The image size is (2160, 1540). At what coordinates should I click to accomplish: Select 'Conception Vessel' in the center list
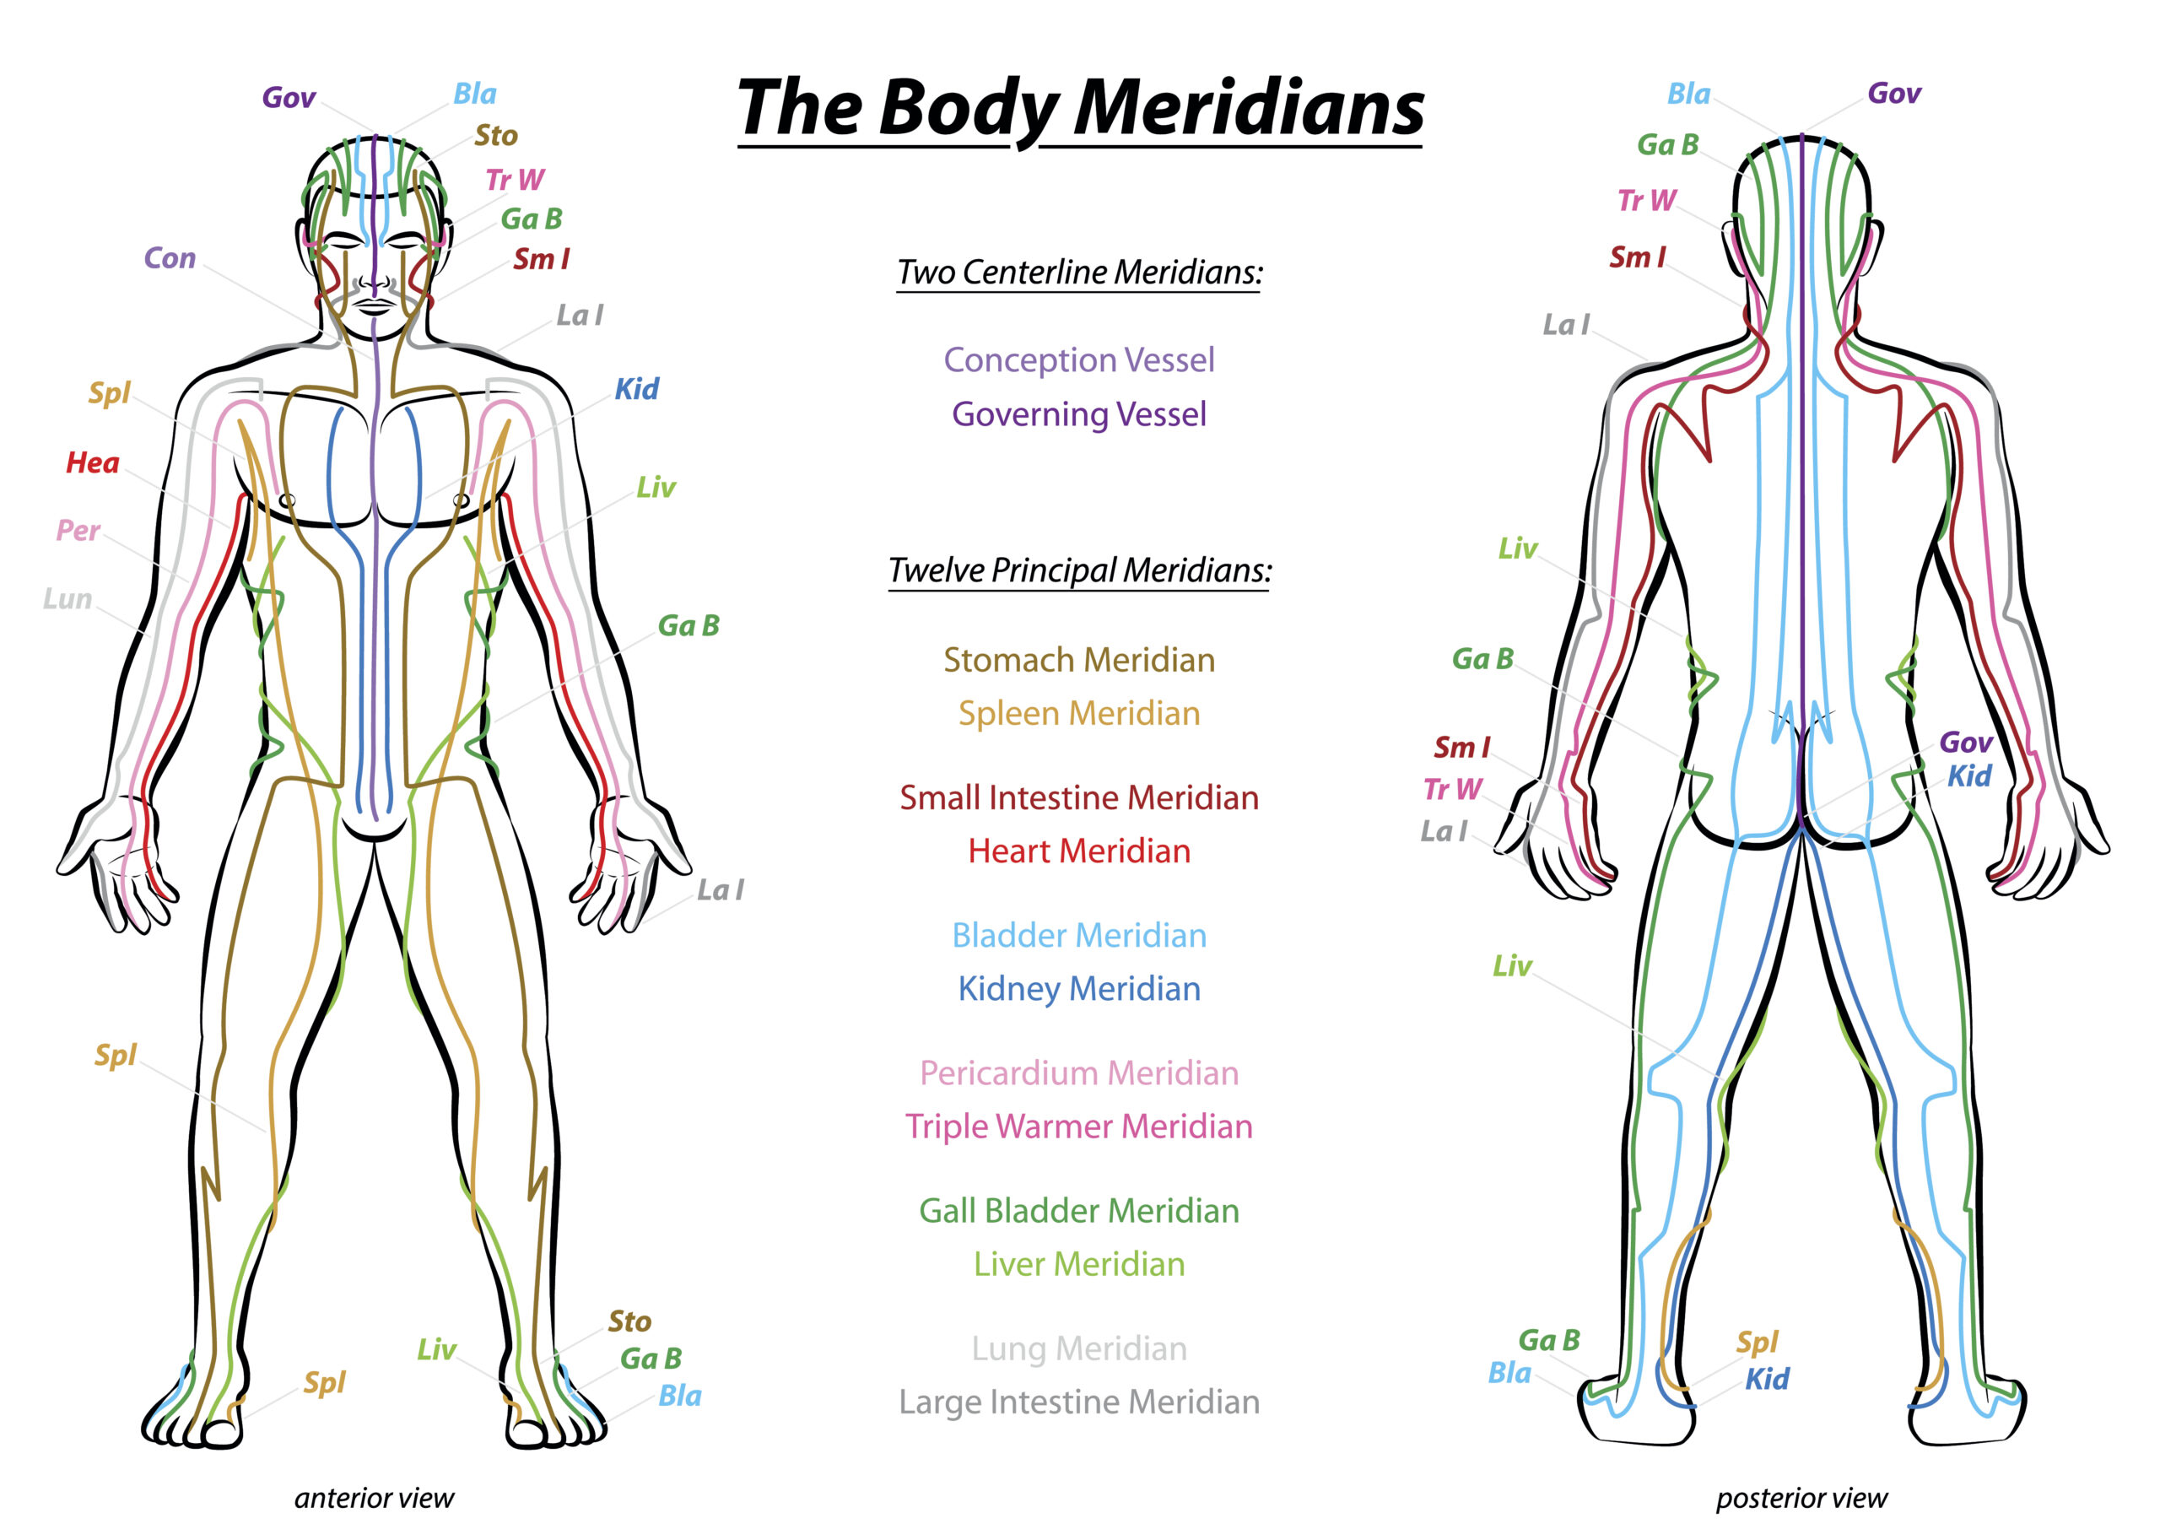click(x=1079, y=360)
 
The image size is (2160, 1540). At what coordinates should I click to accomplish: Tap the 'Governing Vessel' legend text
click(x=1079, y=415)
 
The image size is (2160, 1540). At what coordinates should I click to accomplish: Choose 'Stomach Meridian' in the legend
click(x=1079, y=660)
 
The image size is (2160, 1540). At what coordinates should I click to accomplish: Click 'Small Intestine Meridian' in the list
click(x=1079, y=797)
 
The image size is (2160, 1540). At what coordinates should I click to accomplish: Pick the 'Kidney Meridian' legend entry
click(x=1079, y=989)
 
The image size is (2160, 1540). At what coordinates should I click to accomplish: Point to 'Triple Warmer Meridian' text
click(x=1079, y=1127)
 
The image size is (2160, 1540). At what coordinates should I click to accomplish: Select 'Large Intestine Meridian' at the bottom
click(x=1079, y=1402)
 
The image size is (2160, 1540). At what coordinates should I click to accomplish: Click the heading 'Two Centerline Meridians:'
click(x=1080, y=273)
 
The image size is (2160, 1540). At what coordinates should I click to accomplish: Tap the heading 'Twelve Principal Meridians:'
click(x=1080, y=571)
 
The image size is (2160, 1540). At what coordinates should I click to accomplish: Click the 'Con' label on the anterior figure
click(x=170, y=258)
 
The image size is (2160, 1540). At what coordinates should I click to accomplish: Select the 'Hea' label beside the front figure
click(x=93, y=462)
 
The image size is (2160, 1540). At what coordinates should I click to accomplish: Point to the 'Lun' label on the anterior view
click(x=67, y=599)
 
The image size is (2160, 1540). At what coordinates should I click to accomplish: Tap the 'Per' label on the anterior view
click(x=78, y=530)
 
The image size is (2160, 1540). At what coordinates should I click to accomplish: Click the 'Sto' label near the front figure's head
click(x=496, y=136)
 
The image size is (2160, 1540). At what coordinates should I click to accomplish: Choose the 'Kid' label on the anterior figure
click(x=636, y=389)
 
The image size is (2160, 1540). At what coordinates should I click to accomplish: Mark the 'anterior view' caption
click(x=375, y=1499)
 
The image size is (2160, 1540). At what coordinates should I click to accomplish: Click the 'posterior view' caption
click(x=1801, y=1499)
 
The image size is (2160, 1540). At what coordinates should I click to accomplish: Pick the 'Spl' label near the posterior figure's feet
click(x=1757, y=1343)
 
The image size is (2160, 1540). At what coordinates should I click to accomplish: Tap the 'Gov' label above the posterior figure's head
click(x=1894, y=93)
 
